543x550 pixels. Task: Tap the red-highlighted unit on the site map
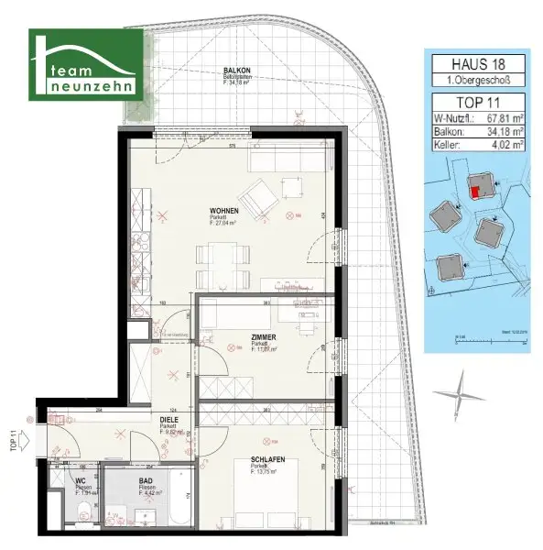[473, 191]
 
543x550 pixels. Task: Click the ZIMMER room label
[265, 337]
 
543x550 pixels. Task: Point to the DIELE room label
[169, 420]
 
